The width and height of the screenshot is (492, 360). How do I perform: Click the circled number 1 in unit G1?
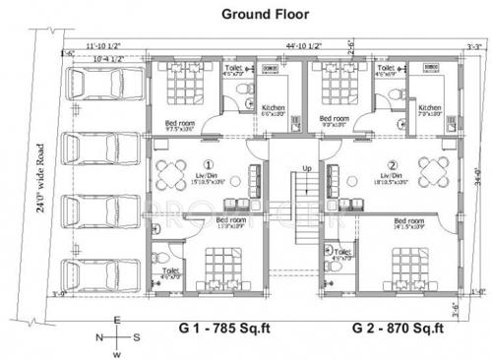209,163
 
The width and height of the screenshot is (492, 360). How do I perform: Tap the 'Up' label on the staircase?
307,166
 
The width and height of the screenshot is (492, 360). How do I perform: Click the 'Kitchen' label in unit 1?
272,107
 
